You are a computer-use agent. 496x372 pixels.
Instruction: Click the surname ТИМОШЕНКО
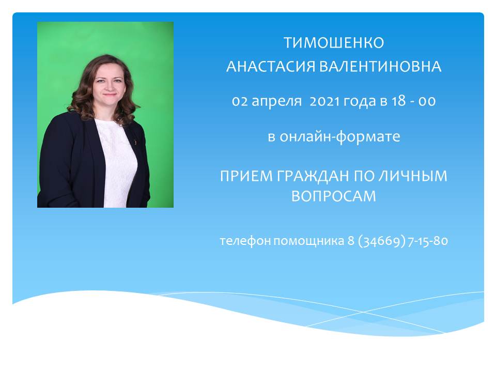tap(334, 43)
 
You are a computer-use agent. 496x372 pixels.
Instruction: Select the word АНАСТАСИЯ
tap(271, 67)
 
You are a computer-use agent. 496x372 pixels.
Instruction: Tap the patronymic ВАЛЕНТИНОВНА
tap(380, 67)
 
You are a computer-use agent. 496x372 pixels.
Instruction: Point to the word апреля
tap(276, 102)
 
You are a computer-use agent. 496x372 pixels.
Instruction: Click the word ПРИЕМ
tap(246, 176)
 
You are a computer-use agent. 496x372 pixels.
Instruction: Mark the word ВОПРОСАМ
tap(334, 196)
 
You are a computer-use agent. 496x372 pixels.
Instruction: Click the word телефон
tap(245, 241)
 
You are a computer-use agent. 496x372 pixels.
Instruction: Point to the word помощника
tap(309, 241)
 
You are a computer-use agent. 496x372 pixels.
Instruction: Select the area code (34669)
tap(382, 241)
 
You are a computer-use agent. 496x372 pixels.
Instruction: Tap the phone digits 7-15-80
tap(428, 241)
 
